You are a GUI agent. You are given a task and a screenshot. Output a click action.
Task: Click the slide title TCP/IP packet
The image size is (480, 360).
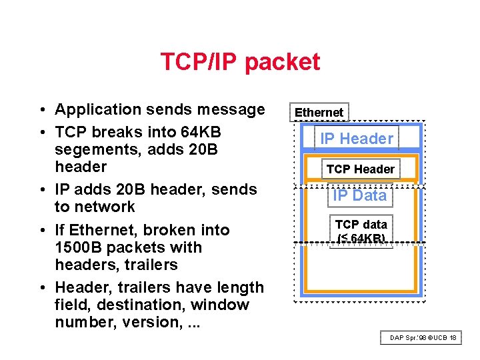[x=240, y=62]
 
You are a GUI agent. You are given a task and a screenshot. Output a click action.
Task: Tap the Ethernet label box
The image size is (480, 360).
[x=319, y=113]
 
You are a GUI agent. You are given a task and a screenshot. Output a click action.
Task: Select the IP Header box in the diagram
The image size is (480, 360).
[x=357, y=139]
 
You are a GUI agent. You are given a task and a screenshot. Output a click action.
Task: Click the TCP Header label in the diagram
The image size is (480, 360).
[x=360, y=169]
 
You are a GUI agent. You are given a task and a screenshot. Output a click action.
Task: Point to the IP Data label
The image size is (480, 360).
[x=360, y=195]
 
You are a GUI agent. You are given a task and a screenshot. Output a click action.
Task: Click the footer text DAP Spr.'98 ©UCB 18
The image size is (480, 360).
[x=423, y=338]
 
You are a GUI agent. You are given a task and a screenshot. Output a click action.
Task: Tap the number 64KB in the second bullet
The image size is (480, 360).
[x=201, y=132]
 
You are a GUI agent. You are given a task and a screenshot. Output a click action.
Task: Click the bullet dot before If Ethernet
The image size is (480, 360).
[x=41, y=231]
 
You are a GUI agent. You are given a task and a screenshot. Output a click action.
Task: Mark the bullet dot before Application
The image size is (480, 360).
[x=41, y=110]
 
